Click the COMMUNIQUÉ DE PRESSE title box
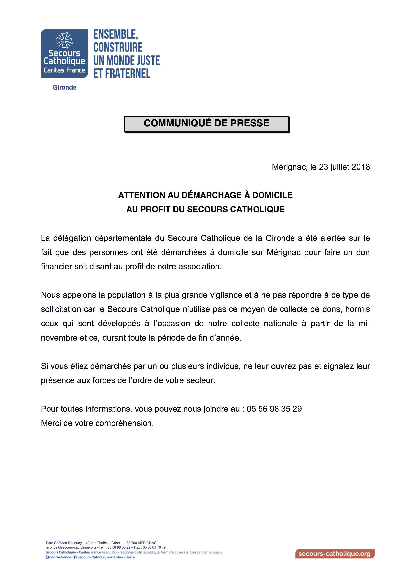click(206, 124)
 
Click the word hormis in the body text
click(357, 309)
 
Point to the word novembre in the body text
click(59, 338)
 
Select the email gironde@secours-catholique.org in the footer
click(71, 547)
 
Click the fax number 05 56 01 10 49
click(154, 547)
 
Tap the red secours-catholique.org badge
click(335, 554)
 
